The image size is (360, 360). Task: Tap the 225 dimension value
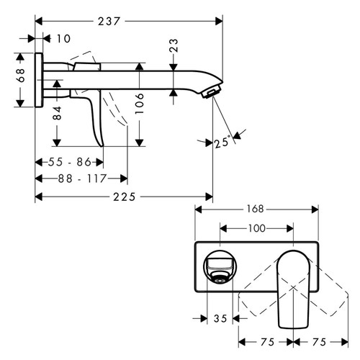pyautogui.click(x=124, y=195)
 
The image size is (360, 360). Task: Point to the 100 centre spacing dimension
pyautogui.click(x=256, y=228)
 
